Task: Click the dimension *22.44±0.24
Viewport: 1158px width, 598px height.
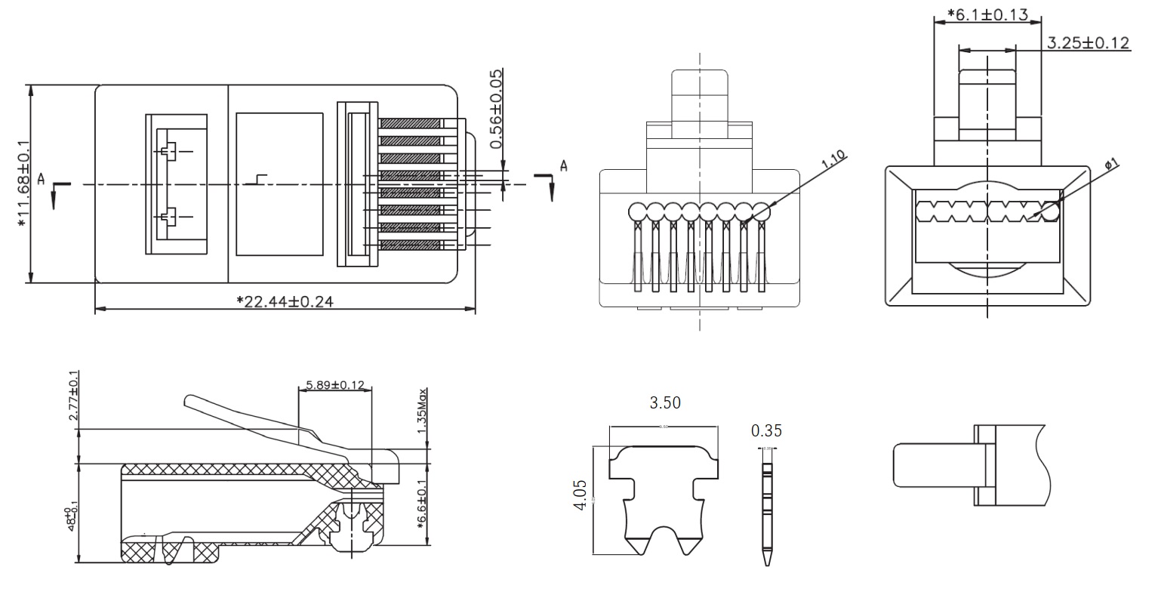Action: click(x=285, y=301)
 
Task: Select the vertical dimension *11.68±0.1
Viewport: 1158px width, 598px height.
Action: click(x=23, y=183)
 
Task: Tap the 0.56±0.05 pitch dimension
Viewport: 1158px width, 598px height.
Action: click(x=496, y=109)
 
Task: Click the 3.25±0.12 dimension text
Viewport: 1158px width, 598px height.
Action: click(x=1088, y=43)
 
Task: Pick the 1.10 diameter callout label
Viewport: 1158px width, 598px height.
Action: click(x=833, y=162)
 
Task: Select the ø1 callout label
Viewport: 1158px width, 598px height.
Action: click(x=1111, y=163)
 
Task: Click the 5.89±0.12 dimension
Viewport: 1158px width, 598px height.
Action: click(x=334, y=385)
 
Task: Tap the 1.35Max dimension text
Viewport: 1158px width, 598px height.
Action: click(x=423, y=412)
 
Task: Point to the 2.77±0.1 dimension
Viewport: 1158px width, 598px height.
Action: click(x=73, y=396)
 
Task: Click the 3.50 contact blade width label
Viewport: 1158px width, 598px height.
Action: click(x=665, y=403)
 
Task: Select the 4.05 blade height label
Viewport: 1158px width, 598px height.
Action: click(x=580, y=494)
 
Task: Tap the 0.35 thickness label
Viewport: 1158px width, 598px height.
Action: click(x=766, y=431)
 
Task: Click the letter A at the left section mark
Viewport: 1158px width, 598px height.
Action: click(x=42, y=179)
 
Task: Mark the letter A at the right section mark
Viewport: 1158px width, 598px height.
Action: click(x=562, y=165)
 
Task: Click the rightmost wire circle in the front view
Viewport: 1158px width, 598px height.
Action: click(x=761, y=210)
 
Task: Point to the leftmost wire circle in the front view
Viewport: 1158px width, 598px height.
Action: click(x=638, y=210)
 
